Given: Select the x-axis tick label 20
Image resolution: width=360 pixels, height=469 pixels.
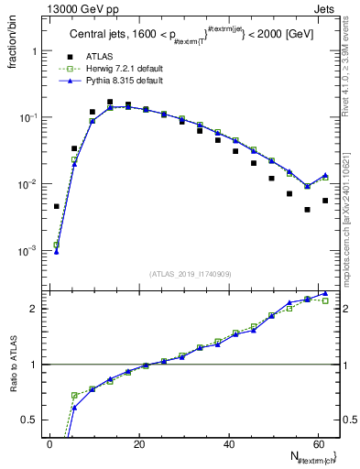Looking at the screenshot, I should (x=138, y=444).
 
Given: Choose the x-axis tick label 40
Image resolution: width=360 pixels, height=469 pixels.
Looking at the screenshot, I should (x=228, y=444).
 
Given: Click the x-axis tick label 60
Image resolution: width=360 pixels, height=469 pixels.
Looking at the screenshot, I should (x=317, y=444).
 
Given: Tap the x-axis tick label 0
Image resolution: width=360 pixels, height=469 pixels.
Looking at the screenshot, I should (x=49, y=444).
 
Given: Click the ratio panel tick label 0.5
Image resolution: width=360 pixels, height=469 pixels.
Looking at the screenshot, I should (x=30, y=420).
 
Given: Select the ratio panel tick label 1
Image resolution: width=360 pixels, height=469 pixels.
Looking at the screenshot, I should (x=34, y=365).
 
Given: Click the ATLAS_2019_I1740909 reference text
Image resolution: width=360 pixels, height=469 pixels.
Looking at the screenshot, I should (x=191, y=274).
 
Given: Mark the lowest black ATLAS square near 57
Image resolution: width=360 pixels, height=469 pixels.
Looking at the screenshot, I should (x=307, y=210).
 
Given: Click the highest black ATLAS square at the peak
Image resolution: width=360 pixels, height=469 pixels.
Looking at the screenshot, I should (x=110, y=103).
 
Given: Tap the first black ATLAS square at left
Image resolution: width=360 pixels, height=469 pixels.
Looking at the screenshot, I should (x=57, y=206).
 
